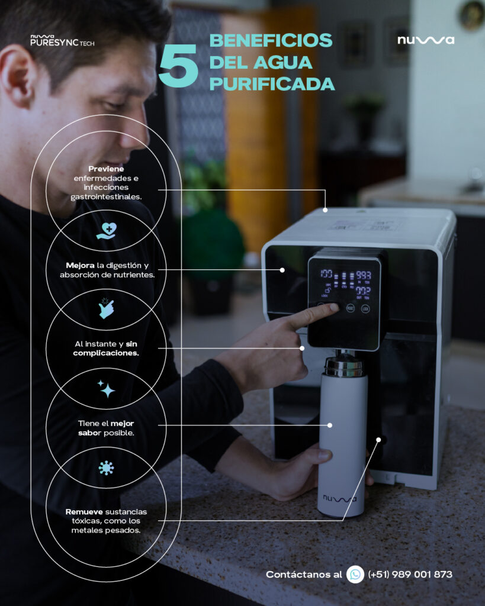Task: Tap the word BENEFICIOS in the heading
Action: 271,41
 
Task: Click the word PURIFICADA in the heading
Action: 272,84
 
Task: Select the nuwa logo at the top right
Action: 426,40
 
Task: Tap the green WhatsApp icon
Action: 355,574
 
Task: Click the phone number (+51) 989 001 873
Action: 410,575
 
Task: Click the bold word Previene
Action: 106,169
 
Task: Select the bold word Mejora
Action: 80,265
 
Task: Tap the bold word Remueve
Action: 84,511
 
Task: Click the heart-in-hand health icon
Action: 106,231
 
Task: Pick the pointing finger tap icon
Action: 107,308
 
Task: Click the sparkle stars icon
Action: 106,388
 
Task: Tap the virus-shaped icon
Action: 106,468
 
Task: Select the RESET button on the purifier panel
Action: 350,308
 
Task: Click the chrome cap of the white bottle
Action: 343,366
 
